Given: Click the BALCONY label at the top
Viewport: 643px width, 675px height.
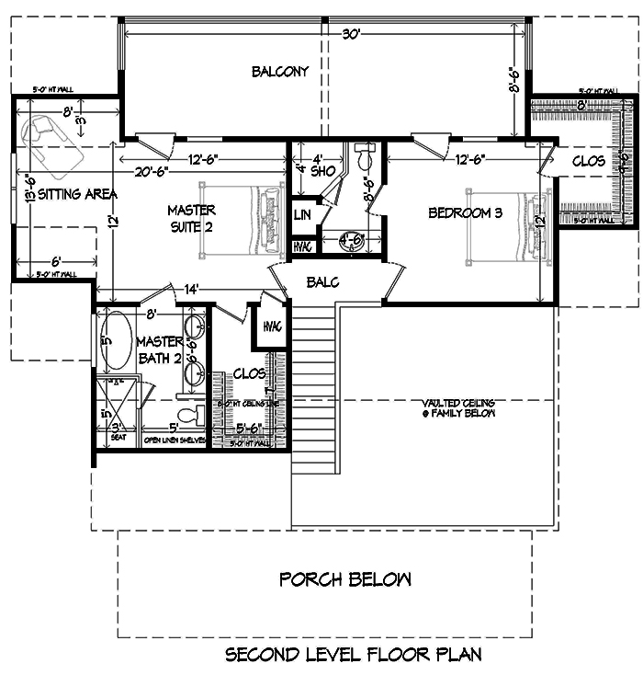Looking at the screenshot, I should [x=280, y=72].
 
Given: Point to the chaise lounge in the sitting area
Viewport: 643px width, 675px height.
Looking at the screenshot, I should [x=51, y=145].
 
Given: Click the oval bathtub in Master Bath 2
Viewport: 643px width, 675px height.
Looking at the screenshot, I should [x=117, y=339].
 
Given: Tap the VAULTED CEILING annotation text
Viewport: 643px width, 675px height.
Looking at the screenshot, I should [x=458, y=408].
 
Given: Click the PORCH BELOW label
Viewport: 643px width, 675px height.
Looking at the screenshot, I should [x=345, y=579].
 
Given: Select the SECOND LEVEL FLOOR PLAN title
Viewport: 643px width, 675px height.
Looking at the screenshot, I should [x=353, y=655].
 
